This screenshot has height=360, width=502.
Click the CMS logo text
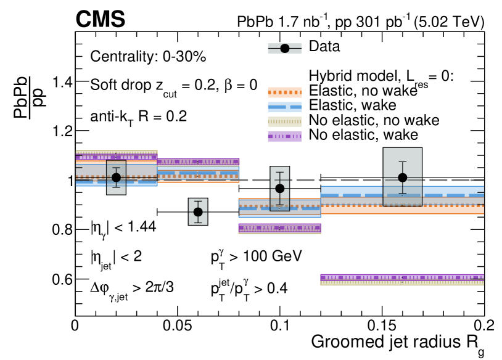(101, 20)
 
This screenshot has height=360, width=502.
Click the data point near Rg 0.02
(116, 178)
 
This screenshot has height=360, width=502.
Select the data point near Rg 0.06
(198, 211)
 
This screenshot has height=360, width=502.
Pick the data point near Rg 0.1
(280, 189)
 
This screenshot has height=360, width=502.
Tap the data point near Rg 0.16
(403, 178)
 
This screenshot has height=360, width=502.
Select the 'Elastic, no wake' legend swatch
(285, 92)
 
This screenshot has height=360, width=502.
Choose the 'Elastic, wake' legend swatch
(285, 107)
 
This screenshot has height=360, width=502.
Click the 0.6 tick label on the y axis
(62, 279)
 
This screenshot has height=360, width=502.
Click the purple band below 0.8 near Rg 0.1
(280, 229)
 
